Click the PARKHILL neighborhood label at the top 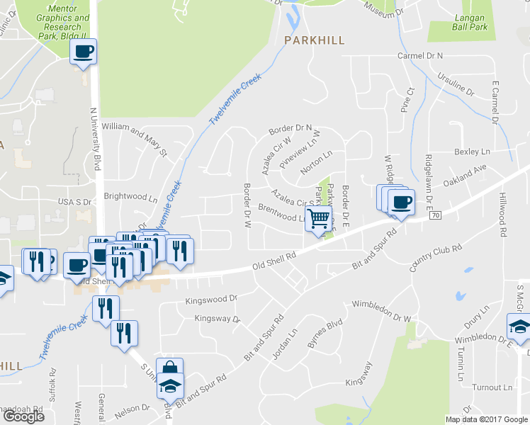[314, 40]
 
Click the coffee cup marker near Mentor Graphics [83, 52]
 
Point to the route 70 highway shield [435, 215]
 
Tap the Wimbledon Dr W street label [381, 311]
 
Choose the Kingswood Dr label [210, 300]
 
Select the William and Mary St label [134, 138]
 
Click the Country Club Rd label [436, 259]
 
